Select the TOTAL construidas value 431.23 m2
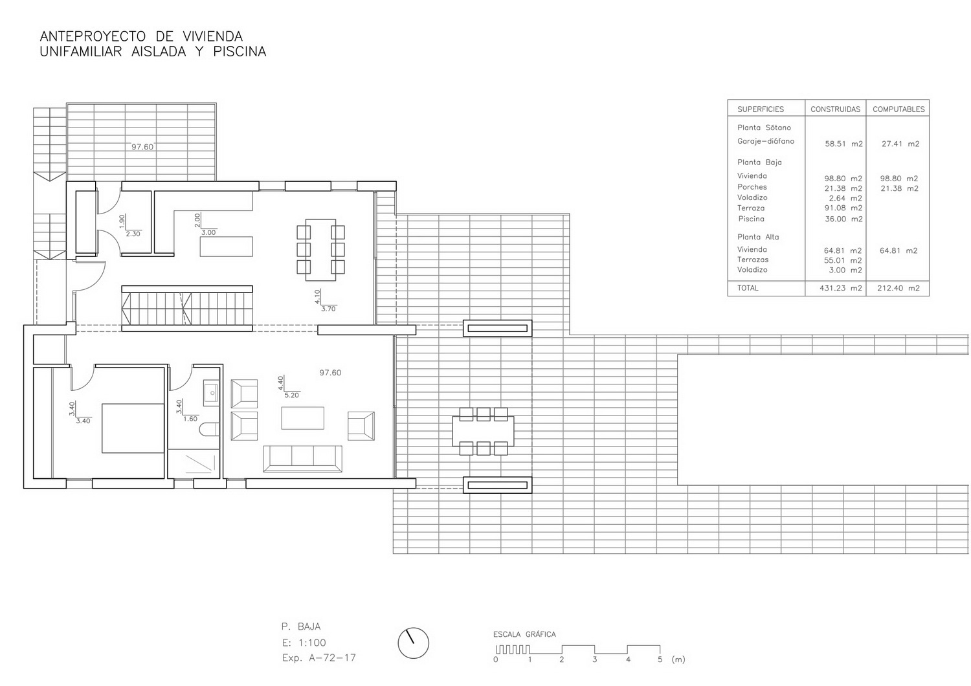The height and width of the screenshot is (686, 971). (840, 288)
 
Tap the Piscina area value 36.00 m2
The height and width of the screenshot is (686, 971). (843, 219)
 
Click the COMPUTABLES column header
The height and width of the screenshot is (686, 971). (898, 109)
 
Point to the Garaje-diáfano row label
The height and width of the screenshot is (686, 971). (766, 141)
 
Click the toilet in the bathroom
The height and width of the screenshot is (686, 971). (209, 430)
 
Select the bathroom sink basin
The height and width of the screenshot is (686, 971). (211, 393)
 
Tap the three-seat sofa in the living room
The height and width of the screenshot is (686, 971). (302, 458)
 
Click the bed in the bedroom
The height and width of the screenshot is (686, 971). (133, 428)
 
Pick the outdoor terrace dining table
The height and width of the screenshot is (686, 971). (483, 431)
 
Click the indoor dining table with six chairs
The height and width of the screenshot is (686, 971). (321, 250)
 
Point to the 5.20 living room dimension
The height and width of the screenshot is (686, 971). (292, 395)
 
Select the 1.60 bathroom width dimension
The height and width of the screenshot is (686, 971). (190, 419)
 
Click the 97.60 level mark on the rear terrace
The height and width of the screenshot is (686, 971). (142, 147)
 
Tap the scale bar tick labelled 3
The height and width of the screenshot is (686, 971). (595, 659)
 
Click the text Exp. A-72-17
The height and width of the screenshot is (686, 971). (318, 658)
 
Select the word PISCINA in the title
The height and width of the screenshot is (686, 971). (240, 52)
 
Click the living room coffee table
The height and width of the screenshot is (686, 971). (302, 418)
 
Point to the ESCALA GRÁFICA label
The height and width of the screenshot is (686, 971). (524, 634)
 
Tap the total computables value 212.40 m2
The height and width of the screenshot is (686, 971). (898, 288)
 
